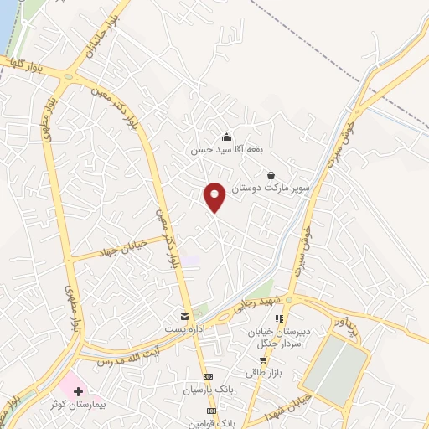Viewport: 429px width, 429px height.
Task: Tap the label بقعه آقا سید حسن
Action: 225,150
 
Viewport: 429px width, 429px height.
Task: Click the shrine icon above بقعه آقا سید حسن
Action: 225,137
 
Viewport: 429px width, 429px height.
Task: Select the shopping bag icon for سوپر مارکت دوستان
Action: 271,175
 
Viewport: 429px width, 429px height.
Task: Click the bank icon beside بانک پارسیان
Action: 209,376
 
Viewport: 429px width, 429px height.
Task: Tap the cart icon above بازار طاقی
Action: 262,359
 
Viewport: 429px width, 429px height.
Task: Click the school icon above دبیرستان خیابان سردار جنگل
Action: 280,318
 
